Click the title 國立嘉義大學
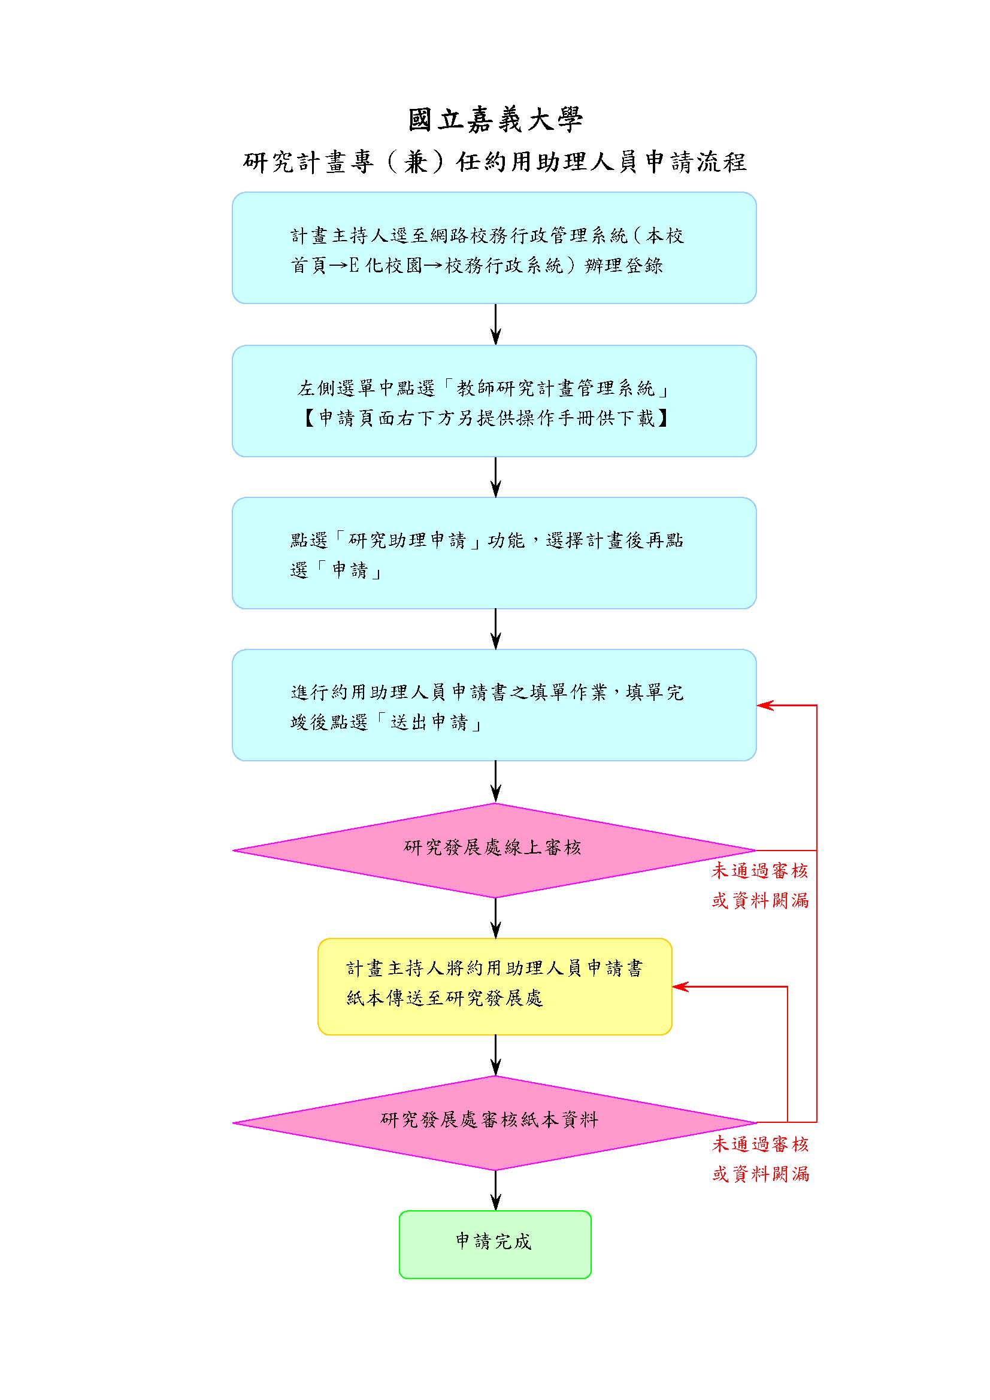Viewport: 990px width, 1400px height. pos(495,120)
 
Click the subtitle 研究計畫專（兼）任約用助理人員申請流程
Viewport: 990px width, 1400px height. pos(495,162)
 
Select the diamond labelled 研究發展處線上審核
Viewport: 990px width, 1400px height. pos(495,850)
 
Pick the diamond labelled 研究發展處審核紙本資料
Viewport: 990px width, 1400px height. pos(495,1122)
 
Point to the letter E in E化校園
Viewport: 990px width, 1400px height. pos(355,266)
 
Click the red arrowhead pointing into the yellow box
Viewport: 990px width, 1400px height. pos(680,986)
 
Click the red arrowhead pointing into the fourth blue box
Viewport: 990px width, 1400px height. pos(765,706)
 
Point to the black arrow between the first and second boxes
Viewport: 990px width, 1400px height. pos(495,324)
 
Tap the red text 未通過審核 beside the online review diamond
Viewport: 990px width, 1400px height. pos(759,871)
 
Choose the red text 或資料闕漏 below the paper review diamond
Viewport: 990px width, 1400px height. pos(760,1174)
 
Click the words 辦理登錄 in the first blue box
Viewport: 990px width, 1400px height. pos(623,266)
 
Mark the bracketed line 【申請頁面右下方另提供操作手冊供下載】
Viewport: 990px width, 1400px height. pos(486,418)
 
